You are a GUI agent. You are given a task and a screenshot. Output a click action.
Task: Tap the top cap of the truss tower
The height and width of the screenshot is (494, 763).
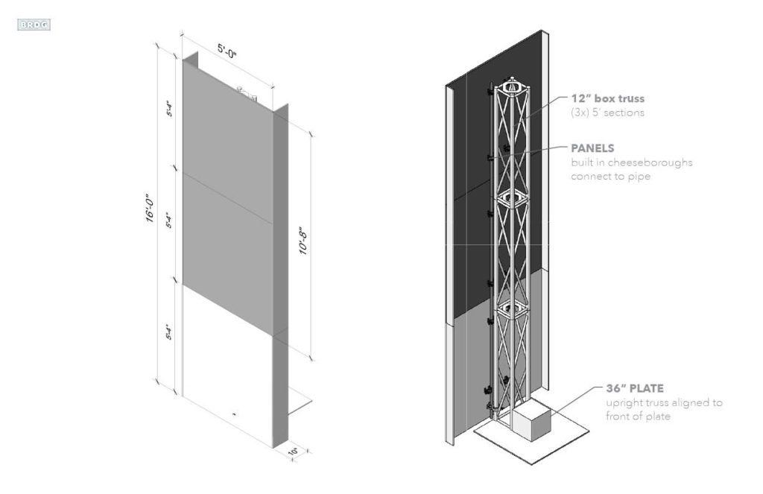513,86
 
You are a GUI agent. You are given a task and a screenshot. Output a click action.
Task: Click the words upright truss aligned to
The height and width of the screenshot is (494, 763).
664,402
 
